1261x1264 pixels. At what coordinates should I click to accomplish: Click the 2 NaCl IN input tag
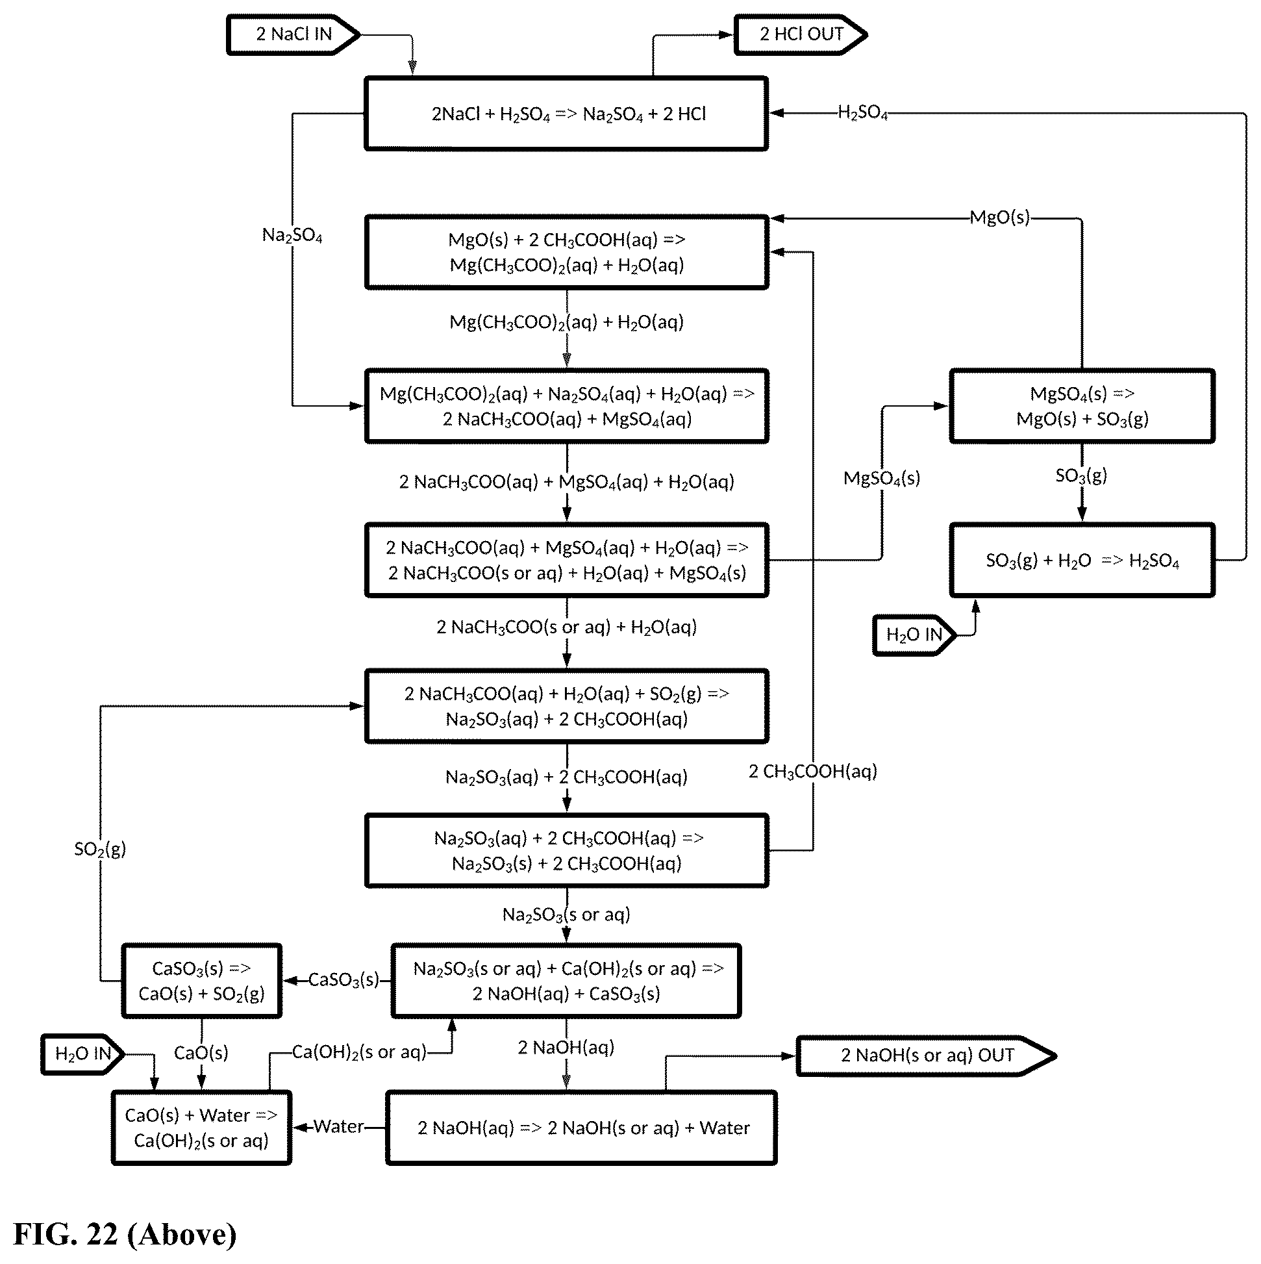click(293, 34)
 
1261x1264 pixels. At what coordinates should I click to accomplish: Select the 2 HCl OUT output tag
click(801, 34)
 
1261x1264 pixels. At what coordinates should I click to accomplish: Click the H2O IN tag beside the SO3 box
click(914, 635)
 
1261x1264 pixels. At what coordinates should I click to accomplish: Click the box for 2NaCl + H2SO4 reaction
click(566, 114)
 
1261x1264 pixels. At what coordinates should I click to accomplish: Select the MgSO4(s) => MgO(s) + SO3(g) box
click(1082, 407)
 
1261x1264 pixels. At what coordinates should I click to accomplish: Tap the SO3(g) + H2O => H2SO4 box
click(1082, 560)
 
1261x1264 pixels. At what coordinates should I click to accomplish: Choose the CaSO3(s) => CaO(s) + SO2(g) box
click(201, 981)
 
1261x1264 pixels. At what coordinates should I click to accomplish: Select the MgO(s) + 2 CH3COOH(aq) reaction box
click(566, 252)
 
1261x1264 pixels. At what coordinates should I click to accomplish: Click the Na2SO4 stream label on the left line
click(292, 235)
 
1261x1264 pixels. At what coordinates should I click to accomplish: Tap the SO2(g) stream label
click(100, 849)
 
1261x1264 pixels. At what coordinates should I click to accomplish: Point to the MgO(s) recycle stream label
click(999, 217)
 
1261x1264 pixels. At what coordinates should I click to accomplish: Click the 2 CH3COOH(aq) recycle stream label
click(813, 772)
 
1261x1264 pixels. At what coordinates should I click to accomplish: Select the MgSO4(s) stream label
click(882, 478)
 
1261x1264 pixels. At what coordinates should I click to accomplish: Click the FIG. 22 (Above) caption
click(125, 1234)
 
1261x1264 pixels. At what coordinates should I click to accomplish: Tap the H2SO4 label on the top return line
click(863, 113)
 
